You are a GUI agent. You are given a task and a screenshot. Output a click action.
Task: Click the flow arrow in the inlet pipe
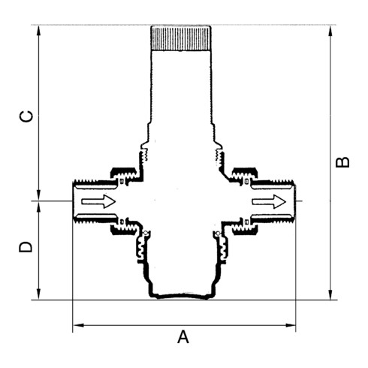[98, 201]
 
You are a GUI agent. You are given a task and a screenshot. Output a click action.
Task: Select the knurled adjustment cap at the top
[182, 38]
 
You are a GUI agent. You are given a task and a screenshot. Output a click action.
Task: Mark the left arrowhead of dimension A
[75, 326]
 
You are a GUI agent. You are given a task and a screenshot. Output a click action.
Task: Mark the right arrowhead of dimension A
[293, 326]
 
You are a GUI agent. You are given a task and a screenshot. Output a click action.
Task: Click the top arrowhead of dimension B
[330, 29]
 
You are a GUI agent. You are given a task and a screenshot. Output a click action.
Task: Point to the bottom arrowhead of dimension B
[330, 296]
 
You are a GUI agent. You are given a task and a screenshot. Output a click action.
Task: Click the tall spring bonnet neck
[182, 98]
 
